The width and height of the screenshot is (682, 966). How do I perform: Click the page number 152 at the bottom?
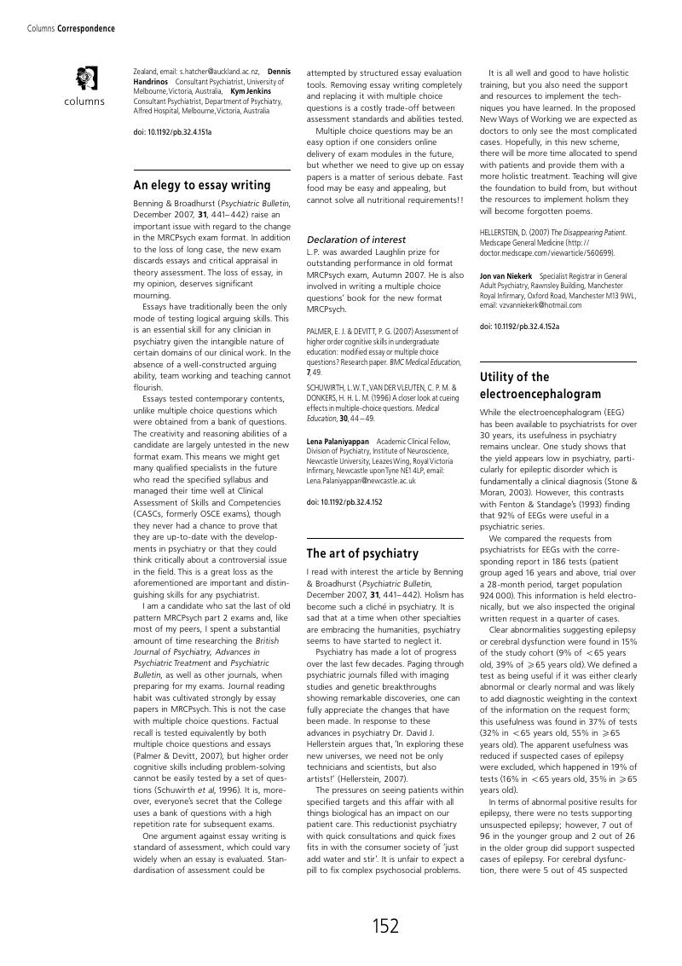click(385, 926)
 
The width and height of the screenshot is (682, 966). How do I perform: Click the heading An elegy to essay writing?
click(202, 185)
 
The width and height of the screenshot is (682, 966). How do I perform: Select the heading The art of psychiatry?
click(362, 553)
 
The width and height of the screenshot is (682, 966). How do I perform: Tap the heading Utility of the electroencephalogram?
click(540, 385)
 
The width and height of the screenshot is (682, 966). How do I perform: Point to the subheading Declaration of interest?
click(356, 240)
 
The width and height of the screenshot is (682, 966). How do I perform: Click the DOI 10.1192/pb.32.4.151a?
click(173, 132)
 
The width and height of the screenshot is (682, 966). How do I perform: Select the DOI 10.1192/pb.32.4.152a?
click(519, 327)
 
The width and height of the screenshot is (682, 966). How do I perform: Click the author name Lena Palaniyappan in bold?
click(338, 442)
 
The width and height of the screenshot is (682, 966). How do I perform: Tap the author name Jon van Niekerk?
click(506, 276)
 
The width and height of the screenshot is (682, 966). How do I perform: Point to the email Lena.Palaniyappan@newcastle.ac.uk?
click(361, 481)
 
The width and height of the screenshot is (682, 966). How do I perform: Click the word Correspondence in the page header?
click(86, 28)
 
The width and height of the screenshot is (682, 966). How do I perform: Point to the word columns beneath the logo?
click(84, 101)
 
